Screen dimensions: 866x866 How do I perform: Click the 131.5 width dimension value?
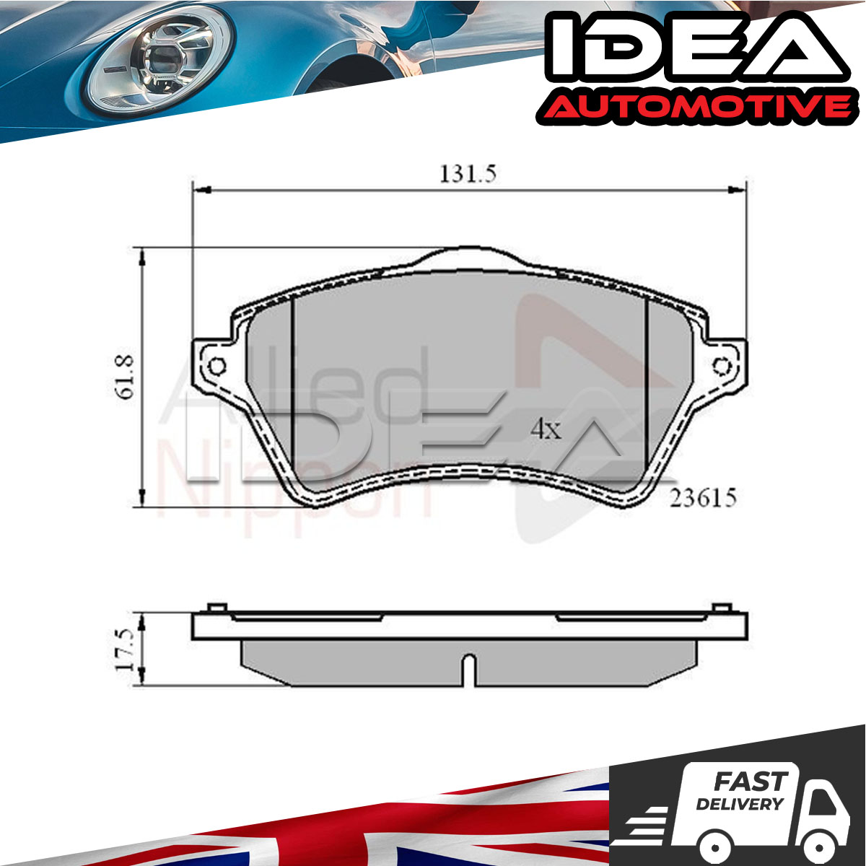coord(468,174)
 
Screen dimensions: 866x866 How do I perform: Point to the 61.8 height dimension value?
coord(124,376)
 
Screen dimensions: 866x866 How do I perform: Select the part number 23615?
coord(703,498)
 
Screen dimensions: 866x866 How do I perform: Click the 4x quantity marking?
coord(546,429)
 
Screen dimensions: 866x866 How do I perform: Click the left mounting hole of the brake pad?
coord(217,367)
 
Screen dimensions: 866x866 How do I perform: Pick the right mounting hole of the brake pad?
coord(722,367)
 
